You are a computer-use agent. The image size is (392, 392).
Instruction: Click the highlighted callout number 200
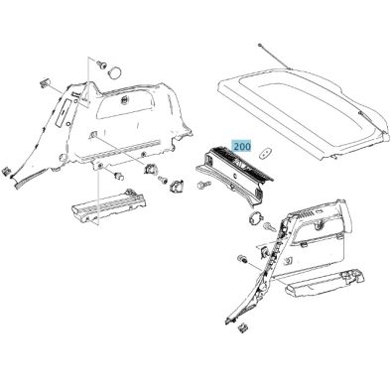click(239, 145)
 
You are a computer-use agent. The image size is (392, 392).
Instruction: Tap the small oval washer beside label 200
click(264, 154)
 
